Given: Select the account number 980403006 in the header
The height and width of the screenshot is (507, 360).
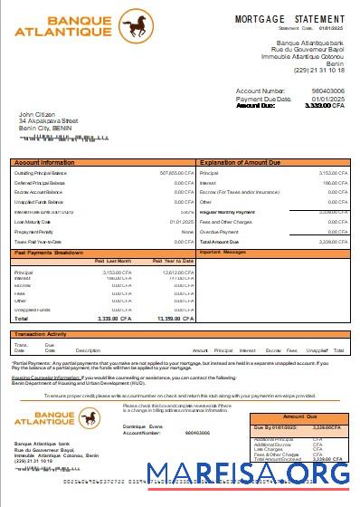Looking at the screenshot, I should point(327,91).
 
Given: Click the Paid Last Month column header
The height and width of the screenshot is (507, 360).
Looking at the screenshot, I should point(113,261).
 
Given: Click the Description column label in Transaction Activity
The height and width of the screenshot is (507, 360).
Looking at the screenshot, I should point(88,349).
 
